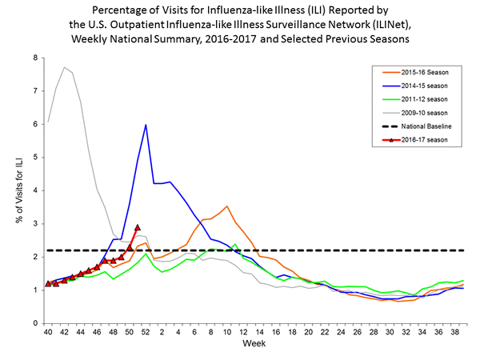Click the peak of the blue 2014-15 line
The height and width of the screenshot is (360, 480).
146,125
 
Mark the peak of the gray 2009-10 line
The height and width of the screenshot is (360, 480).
64,67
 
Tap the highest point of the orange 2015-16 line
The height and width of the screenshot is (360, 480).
227,206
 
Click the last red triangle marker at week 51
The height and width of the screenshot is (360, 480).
138,227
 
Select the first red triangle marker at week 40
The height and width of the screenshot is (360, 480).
48,283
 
